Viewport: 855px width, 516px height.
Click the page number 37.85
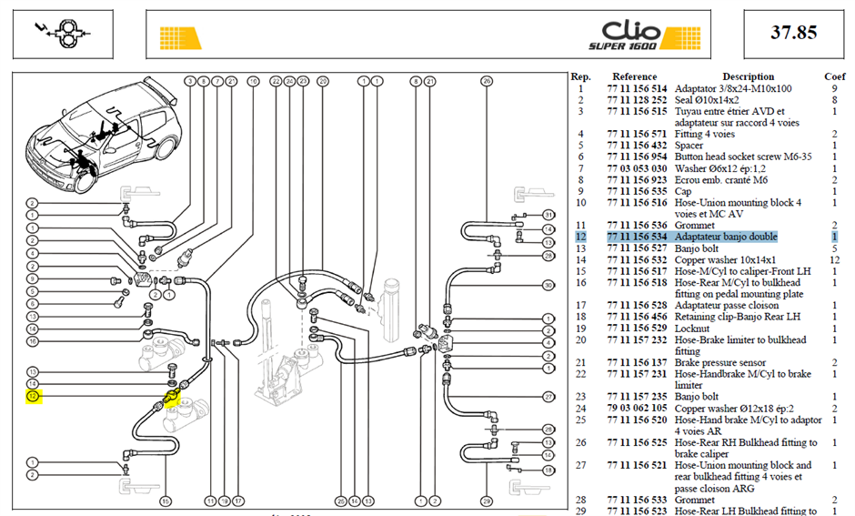pos(793,33)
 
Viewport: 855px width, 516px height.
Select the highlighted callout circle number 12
pos(34,397)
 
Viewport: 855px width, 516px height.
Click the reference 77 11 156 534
pos(637,237)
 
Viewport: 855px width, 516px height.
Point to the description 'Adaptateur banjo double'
pos(726,237)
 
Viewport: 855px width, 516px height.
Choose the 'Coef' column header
pos(834,77)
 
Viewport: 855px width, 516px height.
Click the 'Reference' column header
pos(634,77)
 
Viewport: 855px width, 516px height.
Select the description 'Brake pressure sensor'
pos(719,363)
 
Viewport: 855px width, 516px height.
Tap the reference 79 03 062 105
pos(637,409)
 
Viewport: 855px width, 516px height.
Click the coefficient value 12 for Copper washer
pos(834,260)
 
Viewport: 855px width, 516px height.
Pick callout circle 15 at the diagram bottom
pos(166,501)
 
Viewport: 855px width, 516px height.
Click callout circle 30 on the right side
pos(548,285)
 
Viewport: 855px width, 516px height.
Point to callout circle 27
pos(548,397)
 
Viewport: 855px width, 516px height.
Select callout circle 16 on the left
pos(33,341)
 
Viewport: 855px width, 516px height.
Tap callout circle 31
pos(548,215)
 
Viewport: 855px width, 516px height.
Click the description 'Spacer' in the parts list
pos(689,146)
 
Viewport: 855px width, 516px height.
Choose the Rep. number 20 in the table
pos(580,340)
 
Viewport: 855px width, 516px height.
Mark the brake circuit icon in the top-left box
pos(64,34)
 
